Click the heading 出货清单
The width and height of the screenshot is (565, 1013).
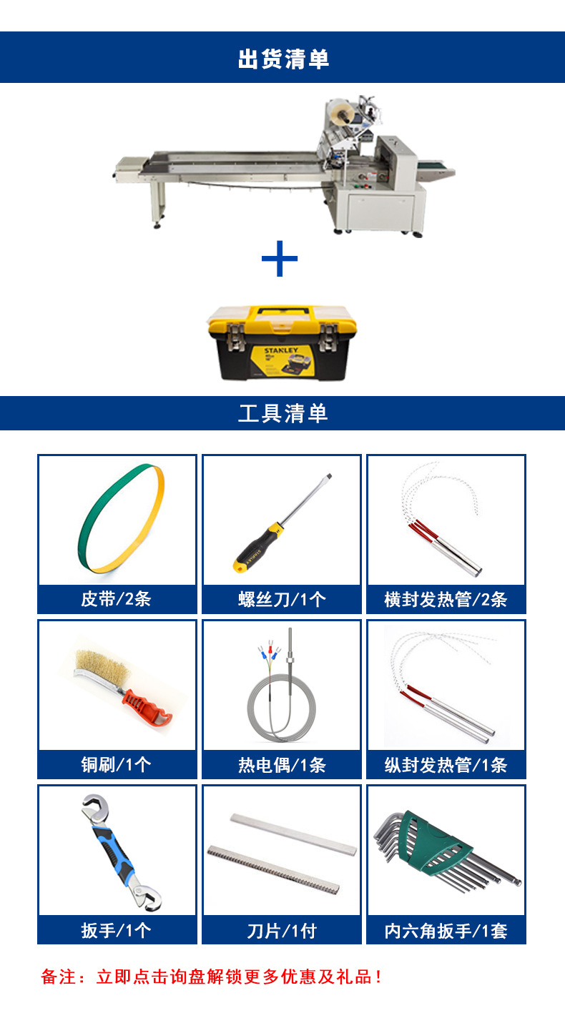tap(283, 59)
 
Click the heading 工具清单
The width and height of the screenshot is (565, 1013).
tap(282, 413)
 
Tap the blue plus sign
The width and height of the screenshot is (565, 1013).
tap(280, 258)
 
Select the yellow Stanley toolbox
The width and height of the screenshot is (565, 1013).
tap(282, 343)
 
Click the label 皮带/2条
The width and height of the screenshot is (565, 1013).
tap(117, 599)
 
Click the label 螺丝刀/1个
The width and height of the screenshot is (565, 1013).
tap(282, 599)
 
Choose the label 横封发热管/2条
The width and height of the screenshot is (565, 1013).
tap(446, 599)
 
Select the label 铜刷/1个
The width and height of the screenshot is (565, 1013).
tap(117, 765)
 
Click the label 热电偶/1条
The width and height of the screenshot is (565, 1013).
tap(282, 765)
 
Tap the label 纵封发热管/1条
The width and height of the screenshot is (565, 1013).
tap(446, 765)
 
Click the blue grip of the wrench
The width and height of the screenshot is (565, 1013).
tap(114, 851)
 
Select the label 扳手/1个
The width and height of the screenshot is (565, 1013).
tap(117, 930)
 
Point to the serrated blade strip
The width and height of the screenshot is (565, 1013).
tap(273, 869)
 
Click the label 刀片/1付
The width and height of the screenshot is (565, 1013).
tap(282, 931)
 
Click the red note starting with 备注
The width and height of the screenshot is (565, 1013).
tap(212, 977)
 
